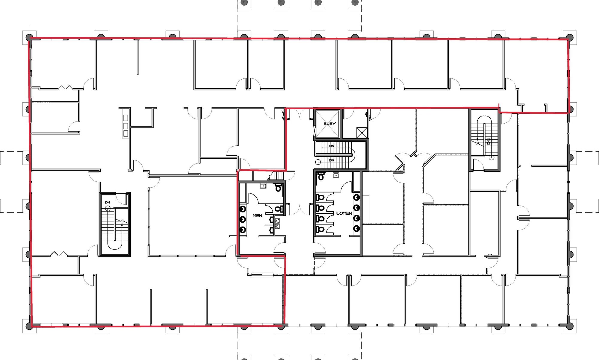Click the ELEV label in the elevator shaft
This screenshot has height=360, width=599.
point(329,123)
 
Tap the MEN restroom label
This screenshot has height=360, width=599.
point(257,215)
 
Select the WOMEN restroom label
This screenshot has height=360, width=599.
point(344,213)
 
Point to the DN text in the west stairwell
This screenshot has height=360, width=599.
point(108,203)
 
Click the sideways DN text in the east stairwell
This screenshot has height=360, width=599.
point(488,141)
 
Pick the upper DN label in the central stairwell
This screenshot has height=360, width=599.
point(332,146)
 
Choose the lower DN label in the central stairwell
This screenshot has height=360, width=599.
point(332,160)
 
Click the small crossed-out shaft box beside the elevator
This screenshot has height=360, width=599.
point(362,133)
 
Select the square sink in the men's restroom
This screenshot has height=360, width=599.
point(263,186)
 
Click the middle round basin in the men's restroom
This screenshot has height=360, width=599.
point(243,219)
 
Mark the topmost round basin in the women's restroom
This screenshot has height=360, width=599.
point(356,197)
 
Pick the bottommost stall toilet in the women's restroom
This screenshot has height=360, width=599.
point(320,230)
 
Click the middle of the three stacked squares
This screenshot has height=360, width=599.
point(126,125)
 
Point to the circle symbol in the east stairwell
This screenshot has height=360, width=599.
point(491,157)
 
